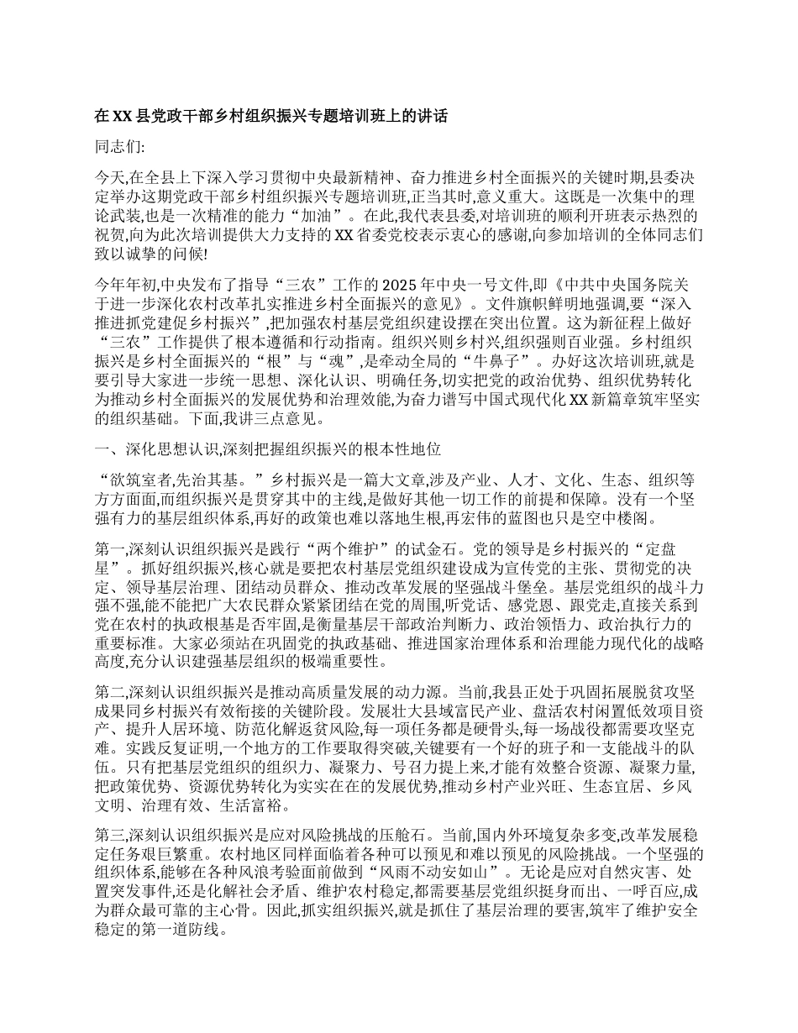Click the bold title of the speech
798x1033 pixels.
point(270,116)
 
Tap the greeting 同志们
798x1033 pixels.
point(119,147)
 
